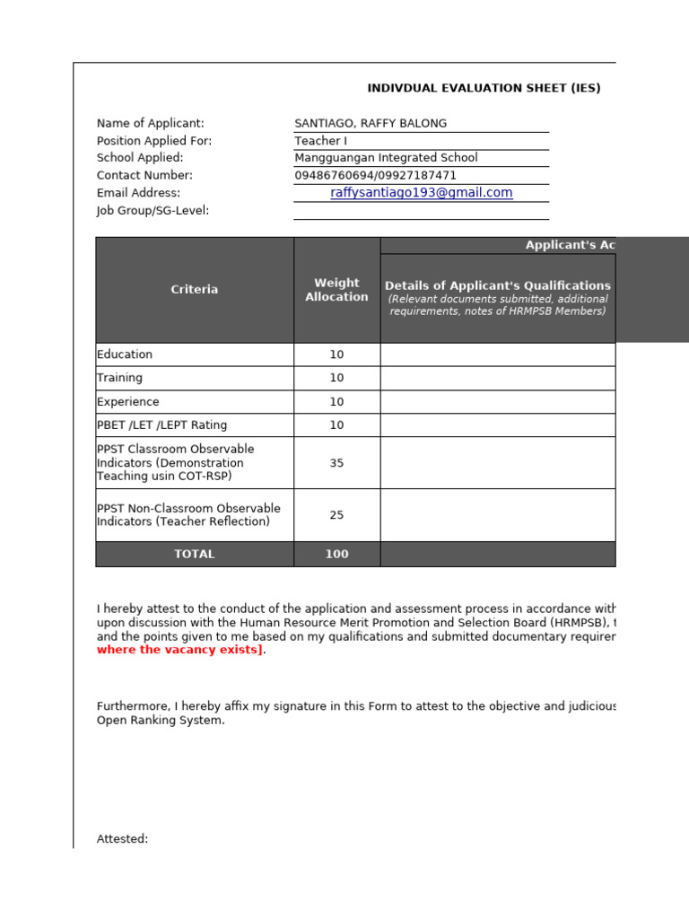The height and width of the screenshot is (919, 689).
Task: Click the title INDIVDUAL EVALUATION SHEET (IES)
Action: click(x=484, y=88)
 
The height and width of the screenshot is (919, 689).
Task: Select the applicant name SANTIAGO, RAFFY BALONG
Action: click(x=370, y=124)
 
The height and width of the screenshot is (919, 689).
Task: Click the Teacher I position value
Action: click(x=319, y=141)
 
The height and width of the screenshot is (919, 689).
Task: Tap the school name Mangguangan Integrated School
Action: click(x=386, y=158)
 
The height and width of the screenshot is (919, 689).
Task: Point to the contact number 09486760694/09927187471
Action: click(x=375, y=176)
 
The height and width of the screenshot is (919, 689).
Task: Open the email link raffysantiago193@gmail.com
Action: click(x=422, y=193)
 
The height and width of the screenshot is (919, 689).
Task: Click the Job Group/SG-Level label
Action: click(x=153, y=211)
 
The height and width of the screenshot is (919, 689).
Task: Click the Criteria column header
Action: click(x=195, y=290)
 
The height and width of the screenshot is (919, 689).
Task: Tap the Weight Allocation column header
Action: click(x=336, y=290)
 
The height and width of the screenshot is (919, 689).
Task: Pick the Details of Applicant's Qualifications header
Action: click(x=498, y=286)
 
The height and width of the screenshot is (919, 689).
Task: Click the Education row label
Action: click(x=125, y=354)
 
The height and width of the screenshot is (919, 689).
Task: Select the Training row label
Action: click(x=119, y=378)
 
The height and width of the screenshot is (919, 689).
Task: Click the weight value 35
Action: click(x=336, y=463)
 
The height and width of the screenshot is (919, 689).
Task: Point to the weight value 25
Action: click(x=336, y=515)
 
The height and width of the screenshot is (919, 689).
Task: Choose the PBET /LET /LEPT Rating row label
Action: click(x=161, y=425)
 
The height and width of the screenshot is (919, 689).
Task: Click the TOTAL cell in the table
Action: click(x=195, y=555)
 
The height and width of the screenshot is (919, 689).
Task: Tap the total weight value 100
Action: click(x=336, y=555)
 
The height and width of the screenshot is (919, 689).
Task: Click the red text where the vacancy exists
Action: click(x=180, y=651)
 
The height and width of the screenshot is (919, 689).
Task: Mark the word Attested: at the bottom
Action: click(x=122, y=839)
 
